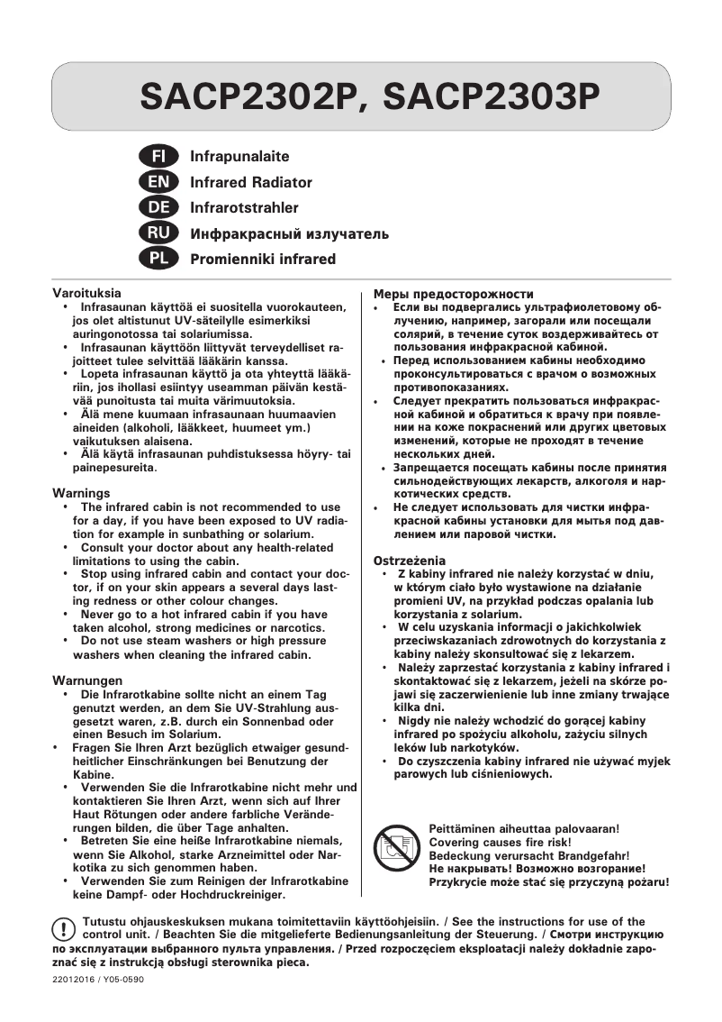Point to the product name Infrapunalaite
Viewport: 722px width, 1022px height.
239,157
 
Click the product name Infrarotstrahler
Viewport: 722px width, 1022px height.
244,208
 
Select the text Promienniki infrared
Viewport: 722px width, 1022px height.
263,260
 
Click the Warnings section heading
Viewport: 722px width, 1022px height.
81,494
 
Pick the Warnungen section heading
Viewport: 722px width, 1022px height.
87,680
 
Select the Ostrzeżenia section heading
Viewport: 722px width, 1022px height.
410,561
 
